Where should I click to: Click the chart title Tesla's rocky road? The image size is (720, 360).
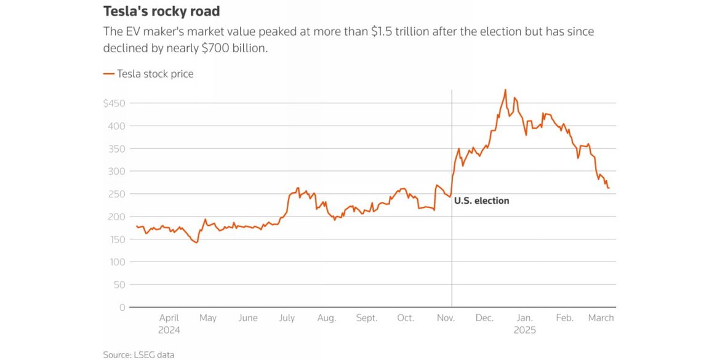click(x=161, y=12)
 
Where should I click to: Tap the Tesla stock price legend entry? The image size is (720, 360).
click(x=148, y=74)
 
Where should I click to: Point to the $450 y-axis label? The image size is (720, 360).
click(x=114, y=103)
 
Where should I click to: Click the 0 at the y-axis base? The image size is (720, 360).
click(x=122, y=308)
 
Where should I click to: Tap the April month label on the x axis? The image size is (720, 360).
click(x=169, y=318)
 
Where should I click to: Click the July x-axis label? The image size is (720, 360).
click(x=287, y=318)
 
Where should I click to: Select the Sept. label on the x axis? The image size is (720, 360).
click(x=367, y=318)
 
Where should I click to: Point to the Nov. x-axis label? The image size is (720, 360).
click(x=446, y=318)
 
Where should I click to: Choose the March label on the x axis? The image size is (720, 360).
click(x=601, y=318)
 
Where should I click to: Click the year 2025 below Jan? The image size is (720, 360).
click(x=524, y=330)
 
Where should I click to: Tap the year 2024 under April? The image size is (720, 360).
click(x=169, y=330)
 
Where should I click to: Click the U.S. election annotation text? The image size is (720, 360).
click(x=482, y=201)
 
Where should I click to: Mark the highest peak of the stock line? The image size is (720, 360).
click(x=505, y=90)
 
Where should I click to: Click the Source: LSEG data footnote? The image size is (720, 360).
click(x=138, y=354)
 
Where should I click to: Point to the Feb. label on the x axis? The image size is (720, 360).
click(x=564, y=318)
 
